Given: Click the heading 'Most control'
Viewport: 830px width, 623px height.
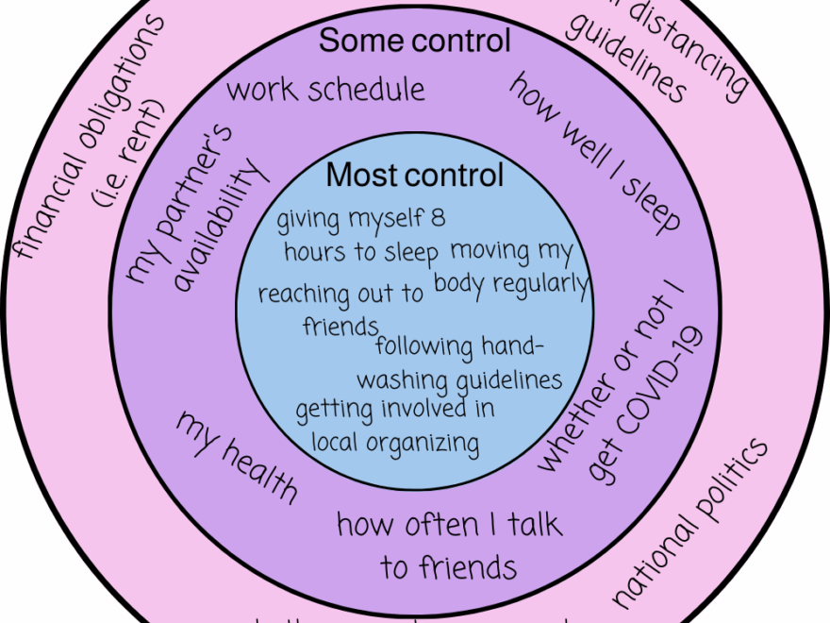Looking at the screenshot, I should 415,176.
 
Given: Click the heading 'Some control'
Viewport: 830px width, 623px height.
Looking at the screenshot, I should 415,41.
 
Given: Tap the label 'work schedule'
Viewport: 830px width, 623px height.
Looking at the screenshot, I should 326,91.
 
